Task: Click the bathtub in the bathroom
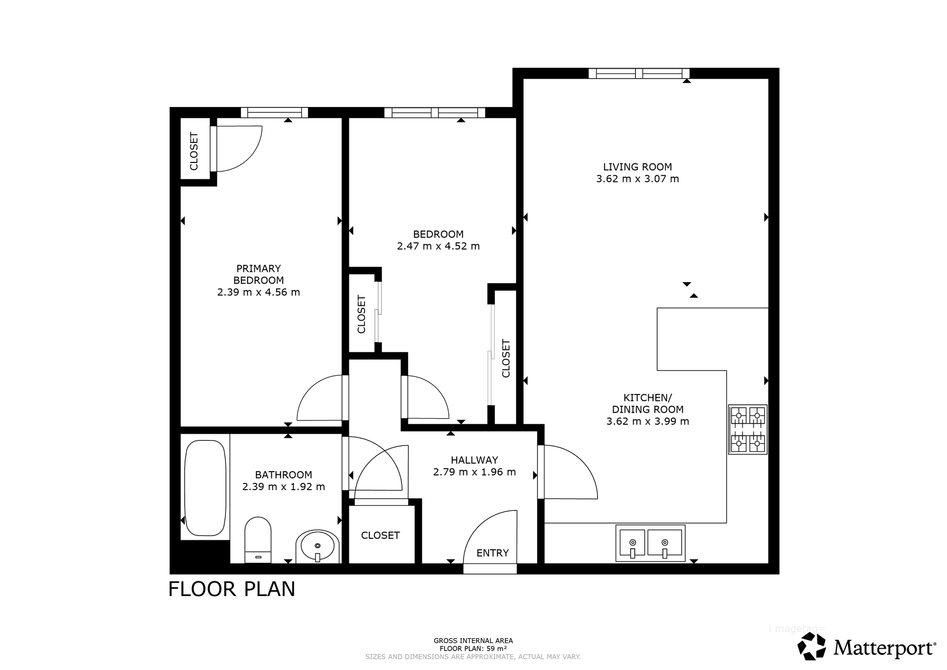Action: pos(205,488)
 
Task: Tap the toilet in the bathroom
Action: pos(258,540)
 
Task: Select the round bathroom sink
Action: pos(317,547)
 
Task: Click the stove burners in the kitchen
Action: pos(748,429)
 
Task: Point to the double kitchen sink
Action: pos(650,543)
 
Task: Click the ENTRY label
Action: pos(492,553)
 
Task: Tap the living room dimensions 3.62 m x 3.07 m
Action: pos(637,179)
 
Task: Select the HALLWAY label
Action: pos(474,460)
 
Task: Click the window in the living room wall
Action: pos(639,73)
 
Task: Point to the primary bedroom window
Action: pos(274,113)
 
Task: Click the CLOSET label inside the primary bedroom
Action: pos(194,151)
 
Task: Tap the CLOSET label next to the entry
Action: pos(380,536)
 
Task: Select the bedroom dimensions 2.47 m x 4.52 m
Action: pos(438,246)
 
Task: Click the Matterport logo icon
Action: pos(812,646)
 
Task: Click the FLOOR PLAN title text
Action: pos(232,590)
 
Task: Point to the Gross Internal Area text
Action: pos(473,641)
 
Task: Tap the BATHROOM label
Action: pos(283,475)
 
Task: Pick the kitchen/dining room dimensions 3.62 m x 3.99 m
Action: pos(647,421)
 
